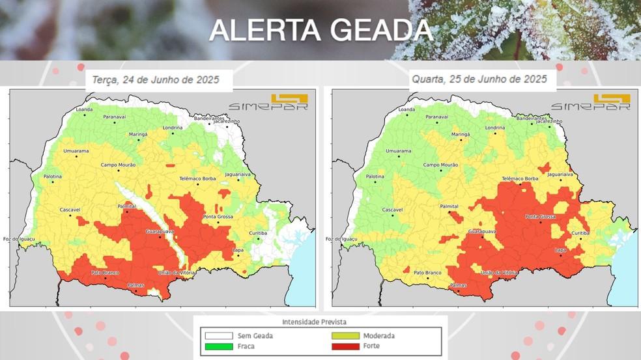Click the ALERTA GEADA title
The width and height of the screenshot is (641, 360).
click(320, 31)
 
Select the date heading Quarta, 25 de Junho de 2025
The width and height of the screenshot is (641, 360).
click(479, 79)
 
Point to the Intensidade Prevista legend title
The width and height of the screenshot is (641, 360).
click(314, 322)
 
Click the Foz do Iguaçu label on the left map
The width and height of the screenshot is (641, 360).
click(17, 238)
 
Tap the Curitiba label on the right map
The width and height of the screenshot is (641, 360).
click(580, 232)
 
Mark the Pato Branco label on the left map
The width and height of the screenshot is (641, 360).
click(104, 272)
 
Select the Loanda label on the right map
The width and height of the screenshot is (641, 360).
click(406, 110)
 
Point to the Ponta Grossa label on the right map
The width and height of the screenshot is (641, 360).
click(540, 216)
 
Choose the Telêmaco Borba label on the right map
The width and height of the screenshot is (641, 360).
click(520, 178)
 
